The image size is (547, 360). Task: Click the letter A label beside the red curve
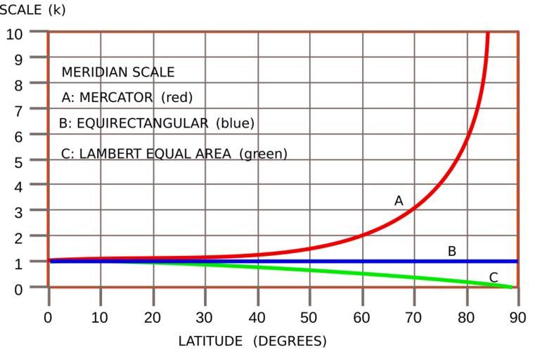[x=399, y=201]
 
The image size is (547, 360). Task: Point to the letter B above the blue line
[x=452, y=251]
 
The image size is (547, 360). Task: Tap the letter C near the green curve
[x=494, y=278]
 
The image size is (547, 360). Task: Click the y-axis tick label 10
[x=15, y=34]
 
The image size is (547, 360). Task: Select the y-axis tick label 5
[x=19, y=161]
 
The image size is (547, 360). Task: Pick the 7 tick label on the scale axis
[x=19, y=110]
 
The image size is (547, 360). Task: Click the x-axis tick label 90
[x=518, y=317]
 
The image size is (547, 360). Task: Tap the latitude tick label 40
[x=257, y=317]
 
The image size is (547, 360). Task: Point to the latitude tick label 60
[x=362, y=317]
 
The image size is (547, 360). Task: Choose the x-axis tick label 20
[x=153, y=317]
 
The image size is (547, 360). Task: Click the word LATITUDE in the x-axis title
[x=210, y=341]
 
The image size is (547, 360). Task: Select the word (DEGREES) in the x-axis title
[x=290, y=341]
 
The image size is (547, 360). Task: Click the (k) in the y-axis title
[x=57, y=10]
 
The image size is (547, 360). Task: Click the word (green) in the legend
[x=264, y=153]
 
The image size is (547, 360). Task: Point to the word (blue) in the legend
[x=235, y=123]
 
